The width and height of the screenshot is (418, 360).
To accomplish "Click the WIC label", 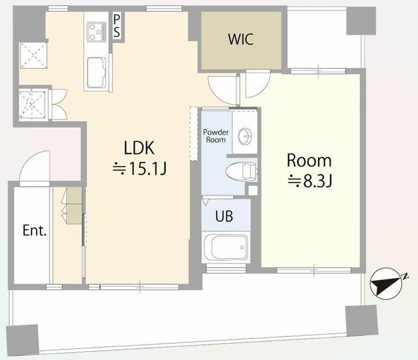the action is click(x=240, y=39).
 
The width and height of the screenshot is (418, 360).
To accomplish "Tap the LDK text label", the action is click(x=139, y=148).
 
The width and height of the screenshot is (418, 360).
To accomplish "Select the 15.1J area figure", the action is click(x=140, y=169).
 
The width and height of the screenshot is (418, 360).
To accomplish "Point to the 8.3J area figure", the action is click(x=310, y=182).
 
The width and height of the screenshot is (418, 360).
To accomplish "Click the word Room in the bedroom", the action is click(x=309, y=161).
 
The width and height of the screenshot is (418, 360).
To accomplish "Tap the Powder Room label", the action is click(x=216, y=136).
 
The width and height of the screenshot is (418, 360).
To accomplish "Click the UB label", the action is click(x=224, y=216).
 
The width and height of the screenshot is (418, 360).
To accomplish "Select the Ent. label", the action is click(x=35, y=231).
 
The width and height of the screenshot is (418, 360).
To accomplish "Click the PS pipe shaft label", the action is click(x=117, y=26).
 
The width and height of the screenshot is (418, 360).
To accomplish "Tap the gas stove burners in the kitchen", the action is click(x=96, y=32).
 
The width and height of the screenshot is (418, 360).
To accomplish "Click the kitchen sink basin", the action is click(x=96, y=73).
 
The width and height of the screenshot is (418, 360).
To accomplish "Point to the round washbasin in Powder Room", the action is click(x=244, y=137).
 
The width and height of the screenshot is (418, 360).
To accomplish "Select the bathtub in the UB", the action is click(x=226, y=247).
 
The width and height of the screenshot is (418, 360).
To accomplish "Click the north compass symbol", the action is click(x=386, y=284).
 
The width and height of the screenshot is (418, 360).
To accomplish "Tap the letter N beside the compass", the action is click(x=406, y=276).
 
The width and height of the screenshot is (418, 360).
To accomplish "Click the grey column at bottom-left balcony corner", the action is click(x=22, y=340).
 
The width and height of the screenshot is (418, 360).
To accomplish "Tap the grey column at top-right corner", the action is click(x=361, y=20).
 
